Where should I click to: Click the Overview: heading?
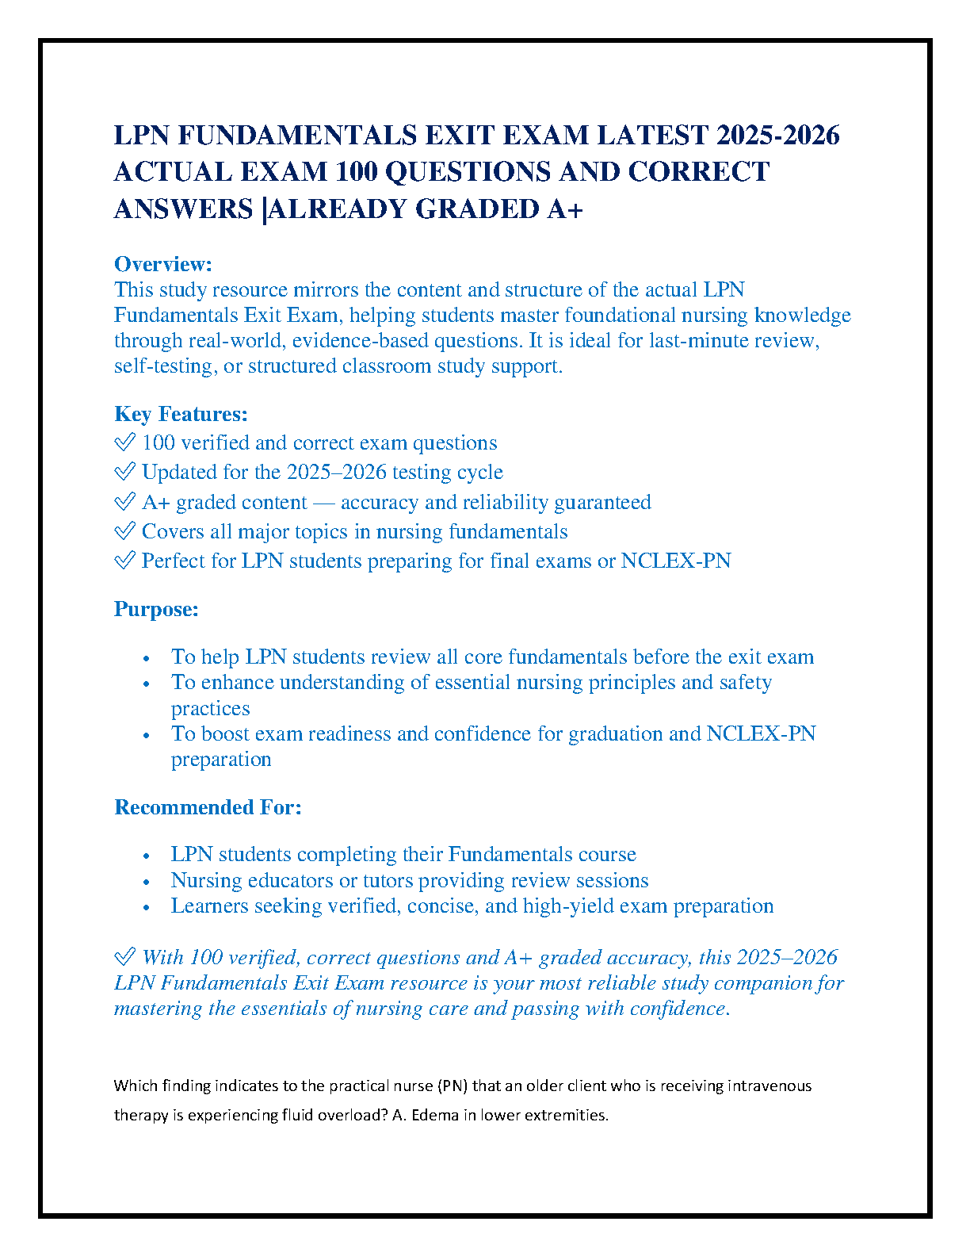click(163, 264)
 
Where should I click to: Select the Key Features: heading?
click(181, 414)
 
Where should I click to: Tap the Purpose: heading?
click(156, 609)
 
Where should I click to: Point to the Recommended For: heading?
click(208, 807)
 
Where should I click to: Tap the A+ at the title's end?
click(564, 209)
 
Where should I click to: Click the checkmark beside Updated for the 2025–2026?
click(124, 472)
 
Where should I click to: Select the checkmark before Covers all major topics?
click(124, 531)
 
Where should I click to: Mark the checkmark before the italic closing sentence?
click(124, 957)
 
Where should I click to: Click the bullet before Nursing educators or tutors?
click(147, 882)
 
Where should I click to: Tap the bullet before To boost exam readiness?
click(147, 735)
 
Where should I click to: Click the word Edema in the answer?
click(435, 1115)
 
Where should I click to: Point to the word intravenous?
click(769, 1086)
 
